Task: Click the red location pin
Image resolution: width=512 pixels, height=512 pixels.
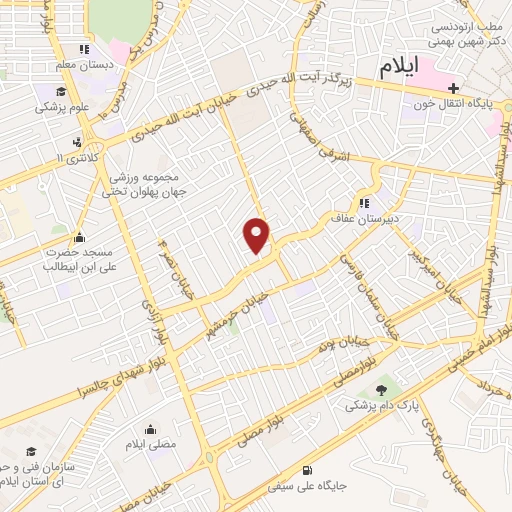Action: click(x=257, y=235)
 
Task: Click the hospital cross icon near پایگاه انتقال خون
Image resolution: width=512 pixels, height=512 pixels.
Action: click(x=454, y=88)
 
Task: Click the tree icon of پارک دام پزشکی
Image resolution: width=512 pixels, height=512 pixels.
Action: click(x=381, y=390)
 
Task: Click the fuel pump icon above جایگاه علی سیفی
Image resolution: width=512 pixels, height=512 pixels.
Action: click(x=305, y=470)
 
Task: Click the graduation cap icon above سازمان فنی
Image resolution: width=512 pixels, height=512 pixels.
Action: click(x=31, y=452)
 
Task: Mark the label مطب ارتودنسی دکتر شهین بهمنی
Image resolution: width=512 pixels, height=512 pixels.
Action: click(x=458, y=33)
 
